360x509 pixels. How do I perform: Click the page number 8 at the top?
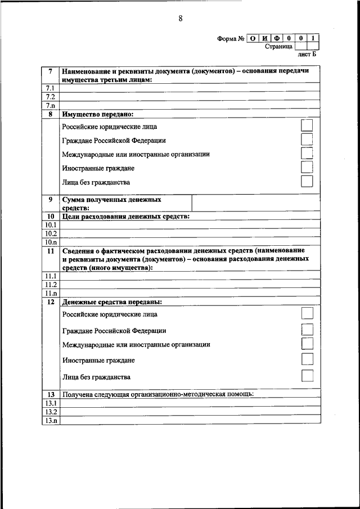181,19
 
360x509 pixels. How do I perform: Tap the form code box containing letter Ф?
277,38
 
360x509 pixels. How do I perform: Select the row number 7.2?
50,97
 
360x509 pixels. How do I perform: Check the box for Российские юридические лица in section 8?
307,125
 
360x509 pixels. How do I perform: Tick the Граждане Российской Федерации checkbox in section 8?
307,139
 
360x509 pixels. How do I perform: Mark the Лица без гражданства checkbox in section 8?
307,181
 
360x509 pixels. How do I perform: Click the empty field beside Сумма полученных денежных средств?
256,203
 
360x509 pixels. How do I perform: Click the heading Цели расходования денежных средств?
125,217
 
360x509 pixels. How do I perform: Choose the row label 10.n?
50,241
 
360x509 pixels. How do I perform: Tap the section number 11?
50,249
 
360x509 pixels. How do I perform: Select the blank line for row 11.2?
190,285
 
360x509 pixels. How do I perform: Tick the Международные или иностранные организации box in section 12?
307,343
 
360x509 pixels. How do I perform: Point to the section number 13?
50,394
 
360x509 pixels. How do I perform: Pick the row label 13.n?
50,421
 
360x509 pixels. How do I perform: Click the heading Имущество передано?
101,113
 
